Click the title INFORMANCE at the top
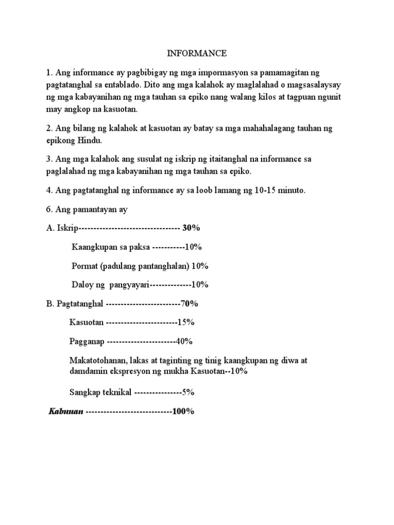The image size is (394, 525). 198,53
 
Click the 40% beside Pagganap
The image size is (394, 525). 185,341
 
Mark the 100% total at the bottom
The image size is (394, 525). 183,412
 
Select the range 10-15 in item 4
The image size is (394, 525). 260,191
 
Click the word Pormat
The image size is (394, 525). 85,266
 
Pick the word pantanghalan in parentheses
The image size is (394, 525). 159,266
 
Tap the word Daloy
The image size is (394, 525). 83,285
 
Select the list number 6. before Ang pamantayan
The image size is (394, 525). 49,210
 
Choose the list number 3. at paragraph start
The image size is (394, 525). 49,159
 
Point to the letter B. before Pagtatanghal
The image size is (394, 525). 50,304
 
